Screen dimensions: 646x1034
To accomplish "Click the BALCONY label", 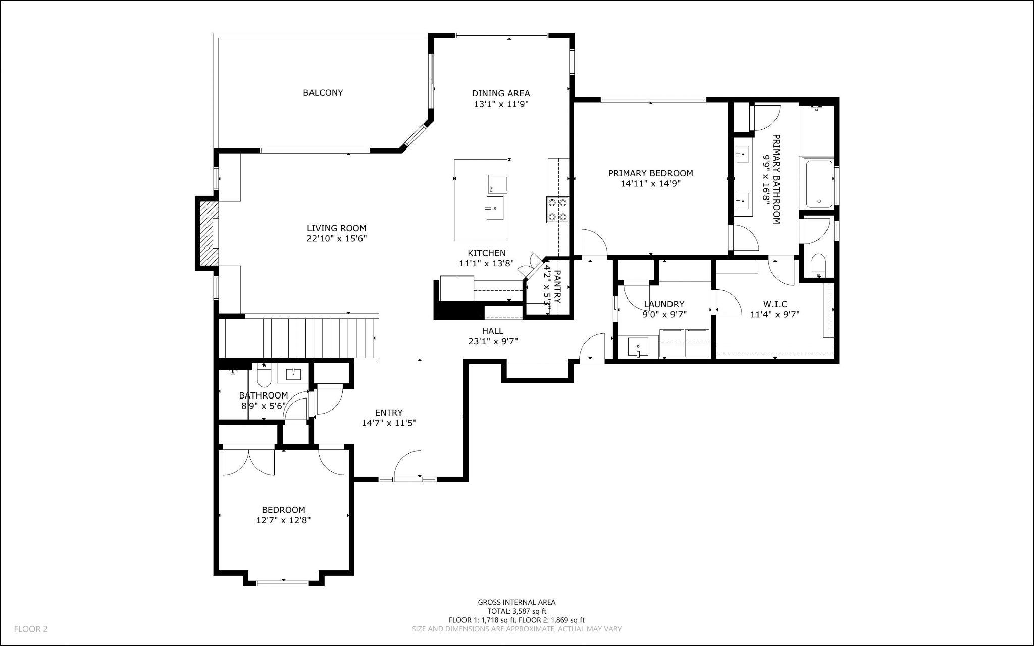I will [323, 93].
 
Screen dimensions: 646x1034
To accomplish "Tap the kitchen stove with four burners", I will [557, 210].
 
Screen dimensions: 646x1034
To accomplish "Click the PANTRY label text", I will [557, 286].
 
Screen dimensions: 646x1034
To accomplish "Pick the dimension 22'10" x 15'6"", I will [336, 239].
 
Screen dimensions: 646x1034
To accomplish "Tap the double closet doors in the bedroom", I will [248, 461].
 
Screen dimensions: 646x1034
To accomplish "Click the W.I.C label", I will [775, 304].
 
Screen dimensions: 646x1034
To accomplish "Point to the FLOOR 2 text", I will [31, 629].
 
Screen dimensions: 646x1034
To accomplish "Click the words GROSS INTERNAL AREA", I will [516, 602].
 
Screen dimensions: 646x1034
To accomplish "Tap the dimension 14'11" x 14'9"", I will [650, 184].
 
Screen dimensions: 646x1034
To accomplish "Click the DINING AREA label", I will [501, 93].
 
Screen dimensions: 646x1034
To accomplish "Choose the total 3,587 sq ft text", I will [516, 611].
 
